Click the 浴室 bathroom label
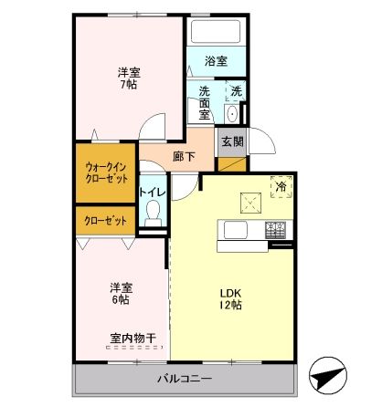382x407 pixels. (x=216, y=61)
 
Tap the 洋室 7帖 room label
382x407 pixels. (x=129, y=78)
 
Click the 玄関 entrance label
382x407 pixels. (x=231, y=141)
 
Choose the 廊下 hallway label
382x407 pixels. (x=185, y=156)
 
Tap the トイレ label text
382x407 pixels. (x=152, y=192)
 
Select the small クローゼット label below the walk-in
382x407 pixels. (x=105, y=221)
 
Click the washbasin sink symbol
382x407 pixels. (x=230, y=112)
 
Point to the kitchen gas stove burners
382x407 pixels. (x=276, y=230)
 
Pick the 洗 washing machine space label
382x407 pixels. (x=236, y=90)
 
